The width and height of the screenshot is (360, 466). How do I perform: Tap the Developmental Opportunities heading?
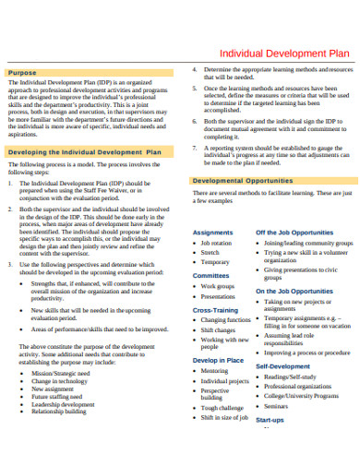(x=242, y=181)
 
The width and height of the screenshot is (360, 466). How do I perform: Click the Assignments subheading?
(x=212, y=232)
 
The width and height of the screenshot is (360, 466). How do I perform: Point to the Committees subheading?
(x=210, y=275)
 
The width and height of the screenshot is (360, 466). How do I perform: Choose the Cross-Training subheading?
(x=215, y=310)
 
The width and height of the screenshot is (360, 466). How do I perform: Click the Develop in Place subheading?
(x=218, y=360)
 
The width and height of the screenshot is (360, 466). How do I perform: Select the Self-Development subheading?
(x=282, y=366)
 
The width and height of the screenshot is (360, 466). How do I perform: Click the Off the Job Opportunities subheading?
(x=294, y=233)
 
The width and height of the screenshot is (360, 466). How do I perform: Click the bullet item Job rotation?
(x=216, y=243)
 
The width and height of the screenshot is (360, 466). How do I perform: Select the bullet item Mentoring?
(x=214, y=371)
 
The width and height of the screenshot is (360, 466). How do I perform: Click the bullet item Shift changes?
(x=218, y=329)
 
